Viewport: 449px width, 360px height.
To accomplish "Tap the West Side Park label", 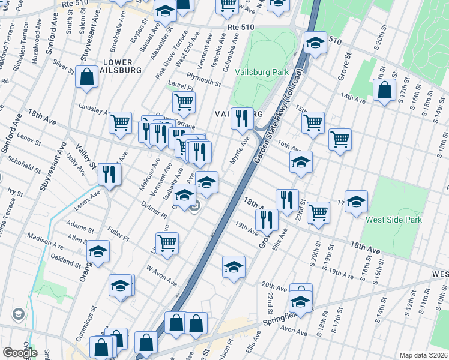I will [x=394, y=220].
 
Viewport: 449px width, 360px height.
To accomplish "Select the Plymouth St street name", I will [x=203, y=78].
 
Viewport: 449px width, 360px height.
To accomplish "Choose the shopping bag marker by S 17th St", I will [x=384, y=90].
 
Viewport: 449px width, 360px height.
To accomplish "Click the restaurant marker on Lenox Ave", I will [x=109, y=175].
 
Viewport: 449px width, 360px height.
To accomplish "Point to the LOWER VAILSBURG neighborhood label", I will [x=122, y=66].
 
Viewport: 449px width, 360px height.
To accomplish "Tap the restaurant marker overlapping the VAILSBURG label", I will [x=242, y=119].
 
